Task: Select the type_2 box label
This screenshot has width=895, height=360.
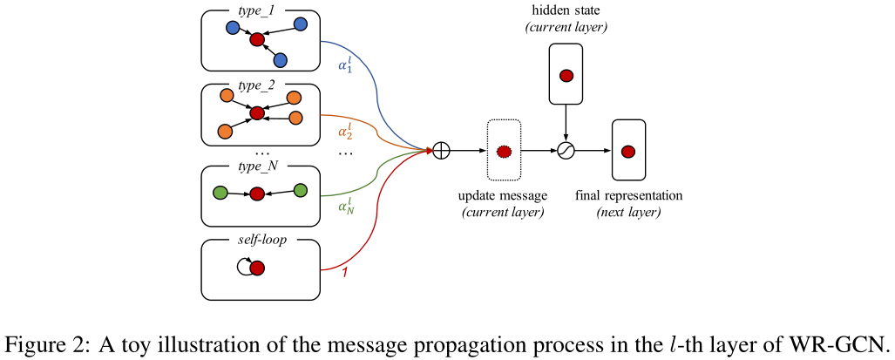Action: (258, 85)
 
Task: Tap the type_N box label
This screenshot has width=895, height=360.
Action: (259, 166)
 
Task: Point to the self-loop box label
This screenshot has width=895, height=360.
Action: (259, 239)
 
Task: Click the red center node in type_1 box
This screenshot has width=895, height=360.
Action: (256, 40)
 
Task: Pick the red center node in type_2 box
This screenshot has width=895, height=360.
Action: (256, 113)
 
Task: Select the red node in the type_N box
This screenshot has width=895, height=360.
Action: (256, 194)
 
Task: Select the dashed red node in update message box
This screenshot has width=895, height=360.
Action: (503, 151)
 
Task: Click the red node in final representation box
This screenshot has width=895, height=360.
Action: (628, 151)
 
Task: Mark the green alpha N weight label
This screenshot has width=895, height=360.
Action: (346, 207)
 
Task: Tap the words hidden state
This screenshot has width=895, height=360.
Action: (566, 10)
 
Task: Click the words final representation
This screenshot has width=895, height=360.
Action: (628, 195)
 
